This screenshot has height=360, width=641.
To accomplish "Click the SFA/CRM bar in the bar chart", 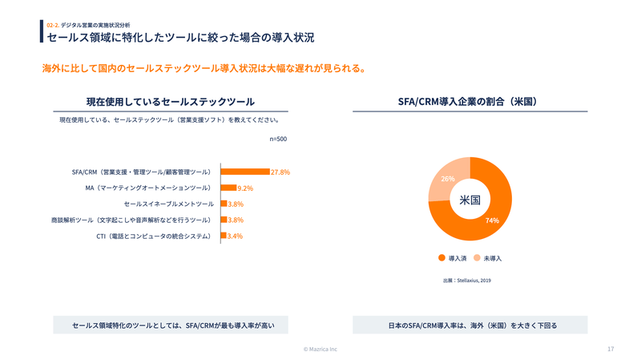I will coord(245,172).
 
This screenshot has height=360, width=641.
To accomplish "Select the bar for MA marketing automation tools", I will coord(228,188).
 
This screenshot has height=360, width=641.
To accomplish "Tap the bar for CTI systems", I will coord(224,236).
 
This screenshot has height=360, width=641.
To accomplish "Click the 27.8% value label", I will coord(280,172).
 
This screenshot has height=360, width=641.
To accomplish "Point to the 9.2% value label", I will coord(245,188).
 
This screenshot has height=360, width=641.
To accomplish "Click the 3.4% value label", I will coord(235,236).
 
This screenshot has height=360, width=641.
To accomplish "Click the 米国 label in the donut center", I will coord(470,200).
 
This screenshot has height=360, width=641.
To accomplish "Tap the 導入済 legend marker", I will coord(441,258).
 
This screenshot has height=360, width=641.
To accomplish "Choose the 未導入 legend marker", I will coord(477,258).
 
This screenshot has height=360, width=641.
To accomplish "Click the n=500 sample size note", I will coord(278,139).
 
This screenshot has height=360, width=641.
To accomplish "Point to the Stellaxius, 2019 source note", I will coord(467,281).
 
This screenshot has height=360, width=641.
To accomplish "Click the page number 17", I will coord(611,349).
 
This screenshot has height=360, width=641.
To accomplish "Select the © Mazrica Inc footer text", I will coord(320,349).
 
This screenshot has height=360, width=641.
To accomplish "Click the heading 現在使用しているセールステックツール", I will coord(170,102).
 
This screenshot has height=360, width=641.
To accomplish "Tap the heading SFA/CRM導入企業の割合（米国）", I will coord(470,102).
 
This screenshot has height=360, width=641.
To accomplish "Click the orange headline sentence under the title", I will coord(204,68).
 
